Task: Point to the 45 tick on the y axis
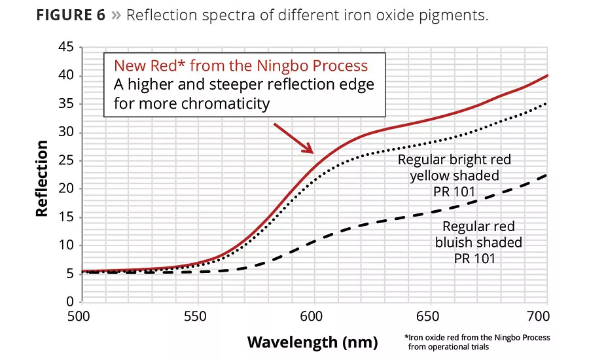pos(65,48)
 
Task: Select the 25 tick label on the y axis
pos(65,161)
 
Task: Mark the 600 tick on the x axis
pos(313,315)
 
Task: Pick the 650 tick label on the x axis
pos(429,315)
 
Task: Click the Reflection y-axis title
pos(42,177)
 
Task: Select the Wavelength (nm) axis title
pos(312,342)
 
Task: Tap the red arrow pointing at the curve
pos(294,137)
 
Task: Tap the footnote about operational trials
pos(477,341)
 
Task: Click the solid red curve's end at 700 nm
pos(546,76)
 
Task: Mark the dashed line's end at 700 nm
pos(546,175)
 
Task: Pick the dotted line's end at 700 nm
pos(546,103)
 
